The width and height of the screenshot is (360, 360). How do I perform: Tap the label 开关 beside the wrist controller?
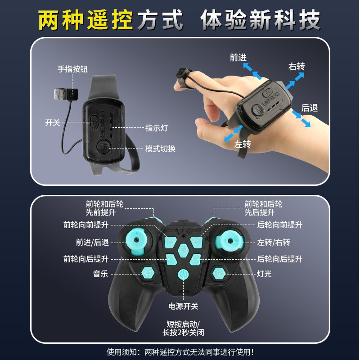(53, 122)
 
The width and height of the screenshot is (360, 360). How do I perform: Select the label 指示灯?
(156, 128)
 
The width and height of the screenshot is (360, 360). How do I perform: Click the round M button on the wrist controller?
(103, 148)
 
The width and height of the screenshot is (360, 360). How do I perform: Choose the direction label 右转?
(297, 67)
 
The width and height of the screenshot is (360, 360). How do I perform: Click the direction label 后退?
(310, 108)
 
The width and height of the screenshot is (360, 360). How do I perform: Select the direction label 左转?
(243, 144)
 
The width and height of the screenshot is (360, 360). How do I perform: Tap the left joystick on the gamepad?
(135, 241)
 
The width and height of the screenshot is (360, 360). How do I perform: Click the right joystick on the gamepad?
(230, 241)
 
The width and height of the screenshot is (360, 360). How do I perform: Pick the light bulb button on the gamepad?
(219, 272)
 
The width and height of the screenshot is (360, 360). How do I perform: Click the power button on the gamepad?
(183, 274)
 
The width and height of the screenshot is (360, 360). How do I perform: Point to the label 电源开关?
(183, 306)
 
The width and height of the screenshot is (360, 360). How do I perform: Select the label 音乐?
(100, 273)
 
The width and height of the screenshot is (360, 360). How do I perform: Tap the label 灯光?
(264, 273)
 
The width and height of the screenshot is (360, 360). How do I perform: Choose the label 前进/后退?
(92, 242)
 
